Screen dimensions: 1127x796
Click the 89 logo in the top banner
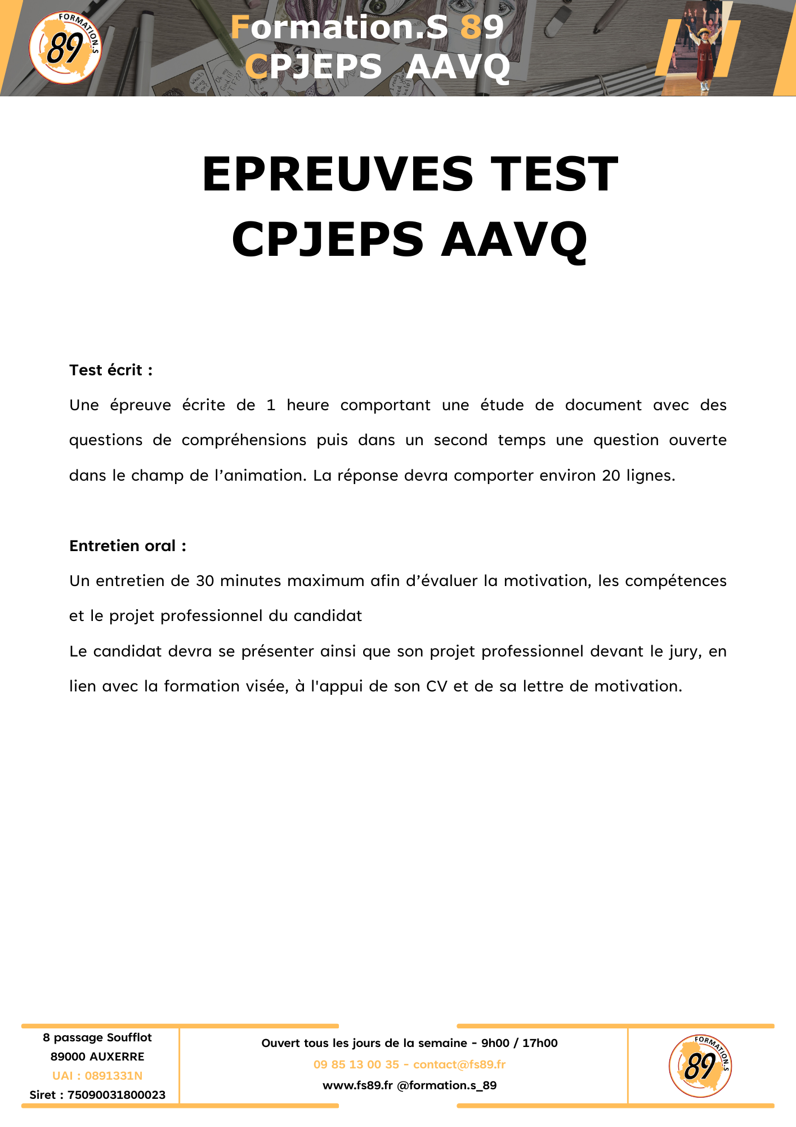coord(65,48)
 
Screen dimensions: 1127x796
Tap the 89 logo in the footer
coord(700,1066)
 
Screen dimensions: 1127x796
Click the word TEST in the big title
coord(554,174)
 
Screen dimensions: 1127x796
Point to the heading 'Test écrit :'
coord(111,370)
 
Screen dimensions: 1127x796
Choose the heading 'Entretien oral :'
coord(128,546)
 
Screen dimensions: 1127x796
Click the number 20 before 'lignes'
coord(611,476)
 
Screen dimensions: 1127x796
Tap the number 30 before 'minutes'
coord(205,581)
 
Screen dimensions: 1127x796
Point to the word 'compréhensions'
coord(244,440)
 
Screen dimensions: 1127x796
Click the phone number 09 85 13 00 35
coord(356,1064)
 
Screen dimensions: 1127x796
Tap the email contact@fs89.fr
coord(459,1064)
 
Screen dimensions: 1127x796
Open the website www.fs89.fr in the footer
coord(357,1085)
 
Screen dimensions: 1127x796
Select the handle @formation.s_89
coord(447,1085)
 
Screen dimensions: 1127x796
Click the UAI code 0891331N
coord(114,1076)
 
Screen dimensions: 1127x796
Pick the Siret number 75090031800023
coord(116,1095)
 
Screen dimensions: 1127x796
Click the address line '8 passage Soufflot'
coord(97,1037)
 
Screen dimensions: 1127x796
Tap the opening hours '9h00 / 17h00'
coord(519,1043)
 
